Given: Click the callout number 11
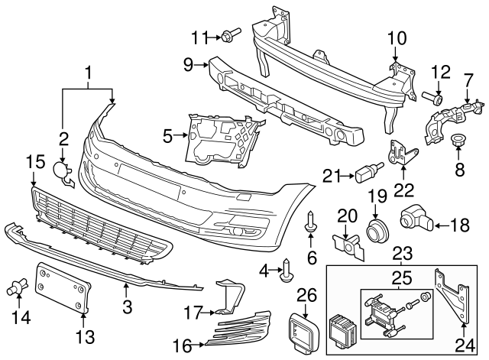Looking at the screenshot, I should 199,36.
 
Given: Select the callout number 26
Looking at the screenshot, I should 305,294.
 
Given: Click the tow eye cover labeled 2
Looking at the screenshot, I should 63,172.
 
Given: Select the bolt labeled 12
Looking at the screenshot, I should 434,97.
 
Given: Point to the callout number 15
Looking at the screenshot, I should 34,163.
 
